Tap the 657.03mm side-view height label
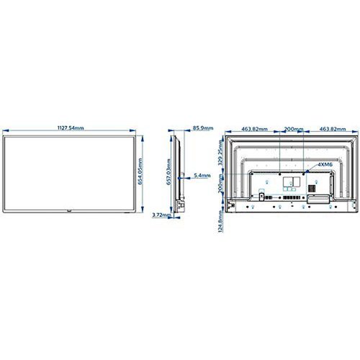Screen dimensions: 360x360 [x=168, y=174]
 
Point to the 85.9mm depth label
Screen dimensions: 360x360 [x=202, y=128]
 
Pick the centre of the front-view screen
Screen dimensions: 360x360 [x=71, y=173]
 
